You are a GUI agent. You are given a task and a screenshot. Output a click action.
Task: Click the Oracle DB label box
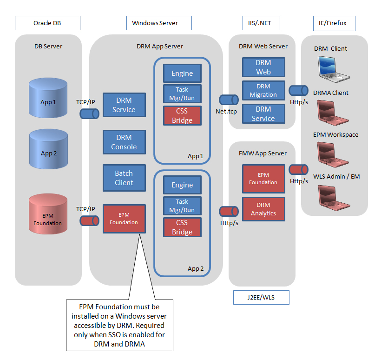(47, 23)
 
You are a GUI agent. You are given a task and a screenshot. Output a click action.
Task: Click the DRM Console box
(124, 142)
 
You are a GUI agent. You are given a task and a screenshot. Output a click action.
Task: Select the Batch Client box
(124, 178)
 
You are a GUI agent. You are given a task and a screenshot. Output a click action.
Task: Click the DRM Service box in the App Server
(124, 105)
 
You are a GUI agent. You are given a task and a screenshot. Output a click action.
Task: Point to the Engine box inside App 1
(182, 73)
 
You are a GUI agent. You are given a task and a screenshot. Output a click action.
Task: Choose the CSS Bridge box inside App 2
(182, 227)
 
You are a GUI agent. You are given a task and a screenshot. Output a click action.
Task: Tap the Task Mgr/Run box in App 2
(182, 206)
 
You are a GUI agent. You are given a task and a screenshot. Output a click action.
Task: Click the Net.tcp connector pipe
(229, 100)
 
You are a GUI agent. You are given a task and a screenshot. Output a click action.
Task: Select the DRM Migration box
(263, 90)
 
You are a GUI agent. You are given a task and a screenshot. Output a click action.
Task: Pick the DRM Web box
(263, 67)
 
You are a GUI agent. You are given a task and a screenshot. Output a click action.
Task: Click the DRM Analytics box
(263, 209)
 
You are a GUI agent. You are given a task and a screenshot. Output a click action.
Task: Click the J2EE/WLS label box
(261, 297)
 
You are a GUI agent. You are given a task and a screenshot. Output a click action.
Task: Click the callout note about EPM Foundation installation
(119, 325)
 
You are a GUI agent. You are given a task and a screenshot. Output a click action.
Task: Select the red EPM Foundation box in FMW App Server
(263, 179)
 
